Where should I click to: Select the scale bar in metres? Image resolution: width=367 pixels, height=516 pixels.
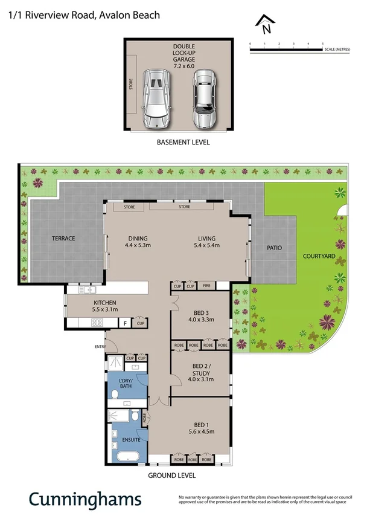click(287, 48)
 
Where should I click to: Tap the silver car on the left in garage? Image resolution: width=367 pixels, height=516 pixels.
click(156, 98)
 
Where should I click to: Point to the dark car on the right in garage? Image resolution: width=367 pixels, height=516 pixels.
click(204, 98)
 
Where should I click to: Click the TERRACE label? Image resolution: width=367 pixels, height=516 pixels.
click(63, 238)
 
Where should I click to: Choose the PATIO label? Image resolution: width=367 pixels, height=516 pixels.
click(275, 248)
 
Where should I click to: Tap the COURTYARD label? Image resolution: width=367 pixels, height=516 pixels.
click(319, 256)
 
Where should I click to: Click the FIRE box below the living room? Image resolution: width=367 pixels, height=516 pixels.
click(206, 286)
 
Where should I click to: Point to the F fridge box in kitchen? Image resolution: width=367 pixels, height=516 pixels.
click(125, 323)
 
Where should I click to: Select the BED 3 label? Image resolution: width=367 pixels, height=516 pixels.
click(200, 312)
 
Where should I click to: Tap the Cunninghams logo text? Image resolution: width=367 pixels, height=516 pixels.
click(85, 499)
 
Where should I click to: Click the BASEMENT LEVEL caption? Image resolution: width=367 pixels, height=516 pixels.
click(183, 143)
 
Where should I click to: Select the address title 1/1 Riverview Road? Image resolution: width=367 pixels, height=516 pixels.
click(84, 15)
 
